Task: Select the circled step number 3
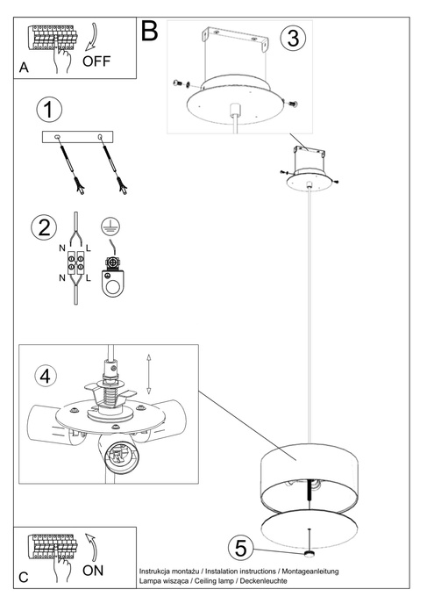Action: click(x=294, y=38)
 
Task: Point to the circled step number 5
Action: click(x=240, y=548)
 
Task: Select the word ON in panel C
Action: click(x=94, y=570)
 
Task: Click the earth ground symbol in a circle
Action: click(x=110, y=225)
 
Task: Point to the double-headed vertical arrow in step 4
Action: click(x=149, y=373)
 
